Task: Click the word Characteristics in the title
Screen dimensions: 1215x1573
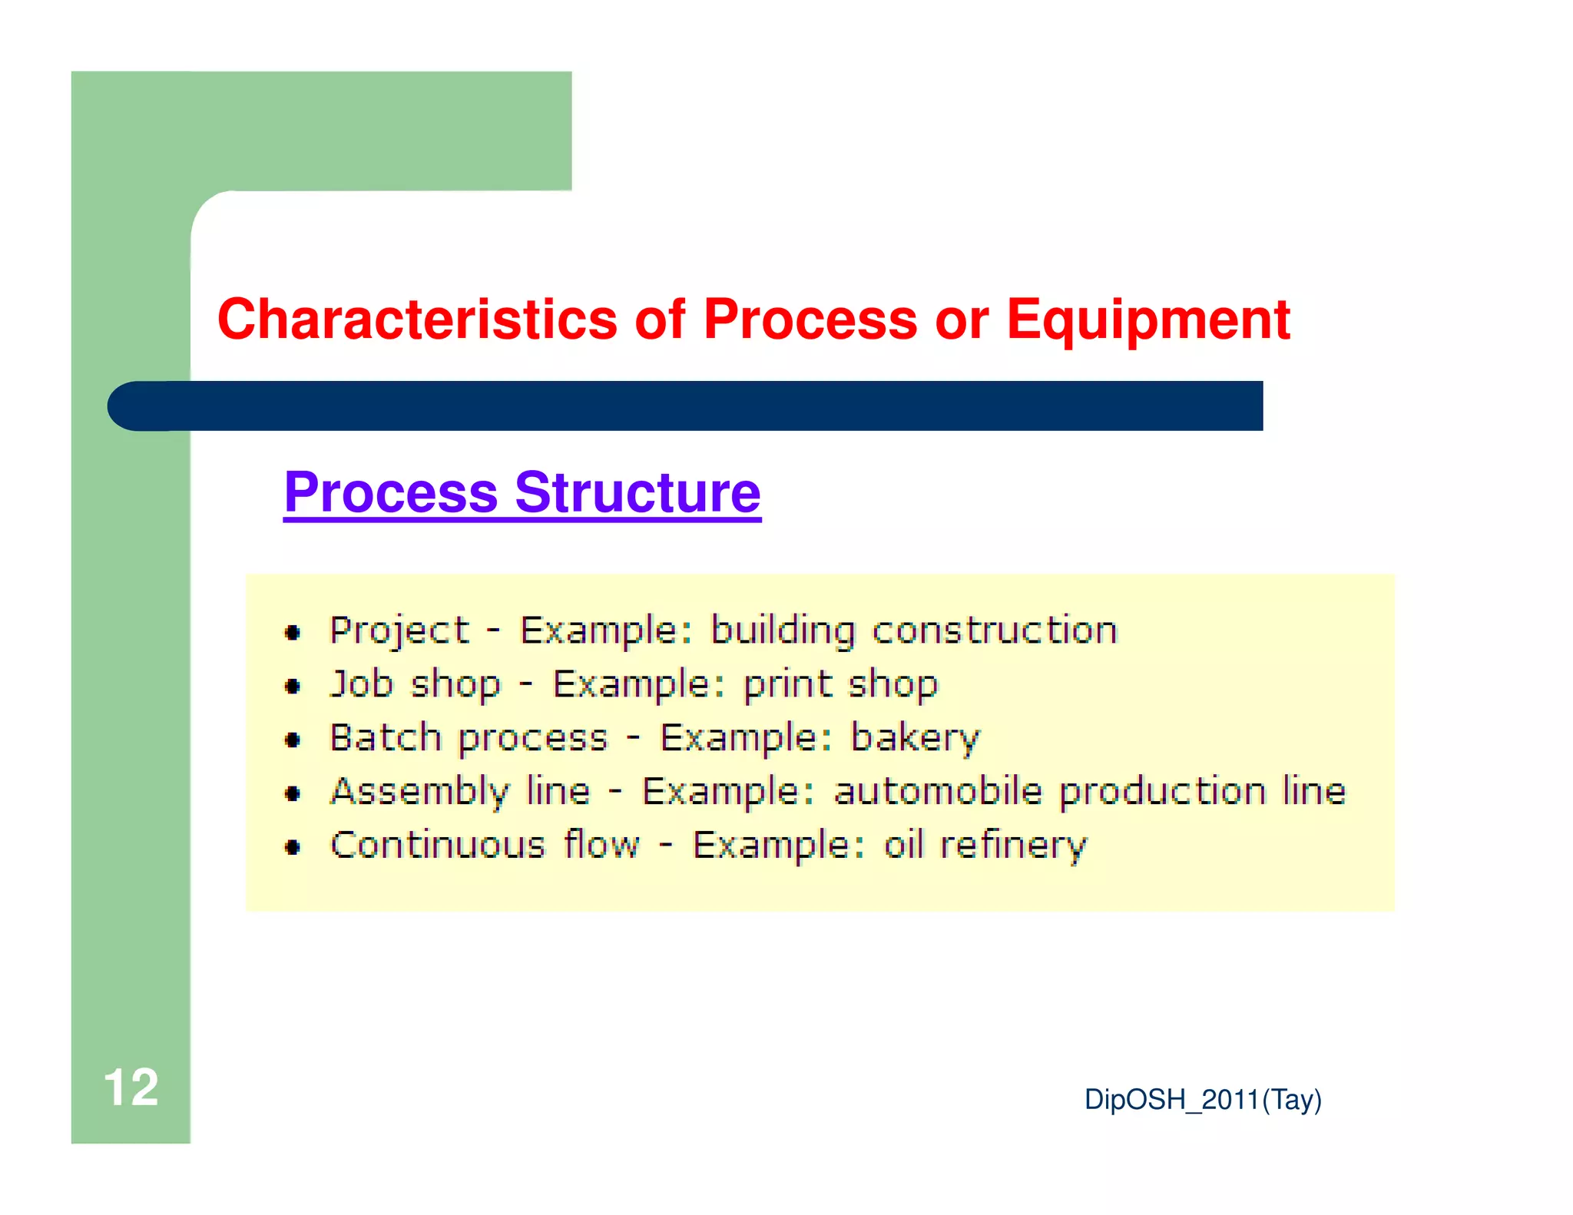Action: point(417,319)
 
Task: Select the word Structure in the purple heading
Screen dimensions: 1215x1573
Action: point(637,492)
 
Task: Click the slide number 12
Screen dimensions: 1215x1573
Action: point(131,1088)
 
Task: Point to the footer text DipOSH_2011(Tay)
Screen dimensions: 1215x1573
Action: point(1203,1100)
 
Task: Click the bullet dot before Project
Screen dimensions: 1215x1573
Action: point(293,633)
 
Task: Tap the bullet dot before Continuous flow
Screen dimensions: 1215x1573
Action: point(293,847)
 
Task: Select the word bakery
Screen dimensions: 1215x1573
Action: point(916,739)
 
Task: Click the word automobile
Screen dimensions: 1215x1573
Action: point(938,791)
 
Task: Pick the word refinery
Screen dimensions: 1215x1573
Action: point(1014,846)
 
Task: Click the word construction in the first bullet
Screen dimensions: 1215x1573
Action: point(995,631)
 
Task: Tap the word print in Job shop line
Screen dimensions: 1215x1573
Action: point(788,684)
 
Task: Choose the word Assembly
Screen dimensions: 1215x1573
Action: point(420,792)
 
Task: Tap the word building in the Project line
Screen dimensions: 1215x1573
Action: point(783,632)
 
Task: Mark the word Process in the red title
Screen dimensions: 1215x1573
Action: point(810,319)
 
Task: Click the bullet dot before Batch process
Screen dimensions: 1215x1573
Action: point(293,740)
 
